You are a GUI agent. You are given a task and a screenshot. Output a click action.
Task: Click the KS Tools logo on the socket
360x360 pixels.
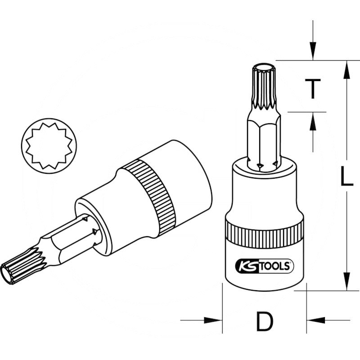[x=264, y=265]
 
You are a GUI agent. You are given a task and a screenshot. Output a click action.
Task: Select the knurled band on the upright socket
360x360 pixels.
[x=264, y=234]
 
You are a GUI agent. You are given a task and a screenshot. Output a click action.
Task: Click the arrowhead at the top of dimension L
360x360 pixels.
[x=346, y=67]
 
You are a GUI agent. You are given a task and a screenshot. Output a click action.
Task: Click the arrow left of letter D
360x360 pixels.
[x=214, y=320]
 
